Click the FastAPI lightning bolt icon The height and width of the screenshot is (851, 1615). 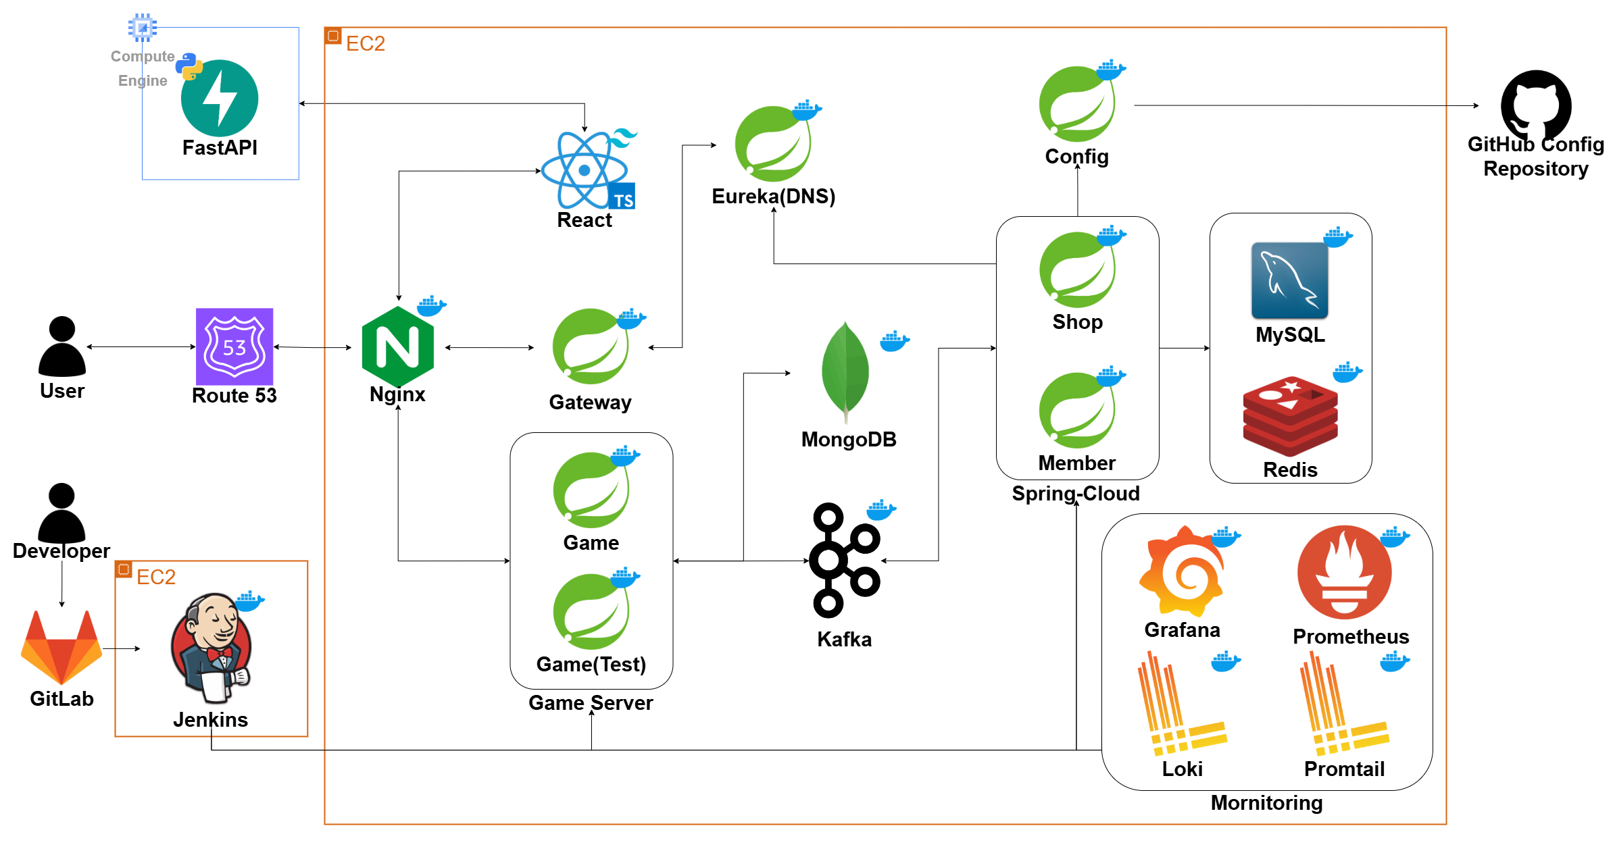coord(220,99)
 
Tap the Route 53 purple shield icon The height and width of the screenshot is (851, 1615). coord(234,346)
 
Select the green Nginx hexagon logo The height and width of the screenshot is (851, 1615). coord(398,346)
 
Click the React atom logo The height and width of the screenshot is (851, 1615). coord(585,170)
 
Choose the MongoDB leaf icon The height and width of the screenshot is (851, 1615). coord(845,371)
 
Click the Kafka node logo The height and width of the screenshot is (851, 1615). coord(845,560)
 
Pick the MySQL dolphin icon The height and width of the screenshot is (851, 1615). coord(1289,280)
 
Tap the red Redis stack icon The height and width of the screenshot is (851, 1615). coord(1290,416)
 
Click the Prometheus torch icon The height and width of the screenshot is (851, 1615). coord(1344,572)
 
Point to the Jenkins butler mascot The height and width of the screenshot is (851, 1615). coord(212,649)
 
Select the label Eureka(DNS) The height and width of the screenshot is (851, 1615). coord(773,197)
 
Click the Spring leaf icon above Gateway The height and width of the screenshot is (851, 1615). coord(591,346)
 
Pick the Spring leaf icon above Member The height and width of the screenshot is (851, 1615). coord(1077,410)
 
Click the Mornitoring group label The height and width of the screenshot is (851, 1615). coord(1266,803)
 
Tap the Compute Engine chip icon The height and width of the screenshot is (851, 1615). coord(143,28)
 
